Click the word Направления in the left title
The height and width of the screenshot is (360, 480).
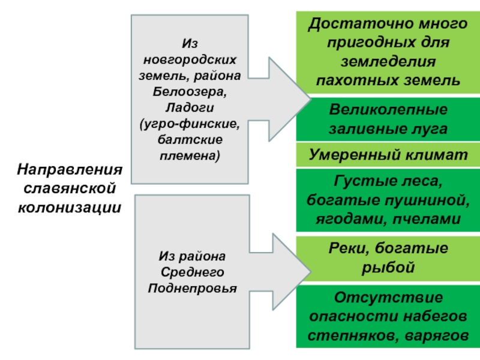point(70,170)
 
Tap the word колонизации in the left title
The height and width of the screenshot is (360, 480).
point(70,208)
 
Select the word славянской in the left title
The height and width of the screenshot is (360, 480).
point(70,188)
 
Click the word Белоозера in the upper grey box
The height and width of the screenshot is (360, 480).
point(190,92)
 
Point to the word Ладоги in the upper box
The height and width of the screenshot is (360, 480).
point(190,108)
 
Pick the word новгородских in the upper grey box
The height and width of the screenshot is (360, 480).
point(190,59)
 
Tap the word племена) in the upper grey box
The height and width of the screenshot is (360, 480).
point(190,156)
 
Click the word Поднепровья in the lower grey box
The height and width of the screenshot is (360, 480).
point(192,289)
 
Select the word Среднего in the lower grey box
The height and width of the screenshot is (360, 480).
point(192,272)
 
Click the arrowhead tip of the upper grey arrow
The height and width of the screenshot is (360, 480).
point(311,99)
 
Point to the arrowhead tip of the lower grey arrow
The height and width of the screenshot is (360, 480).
point(311,271)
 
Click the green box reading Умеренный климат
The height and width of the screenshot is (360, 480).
point(388,155)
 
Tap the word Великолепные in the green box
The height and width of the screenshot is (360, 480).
point(388,109)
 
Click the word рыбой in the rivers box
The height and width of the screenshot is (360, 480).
point(388,267)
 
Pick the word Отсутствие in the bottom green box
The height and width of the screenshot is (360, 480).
point(388,297)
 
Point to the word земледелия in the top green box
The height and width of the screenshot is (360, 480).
point(388,62)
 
